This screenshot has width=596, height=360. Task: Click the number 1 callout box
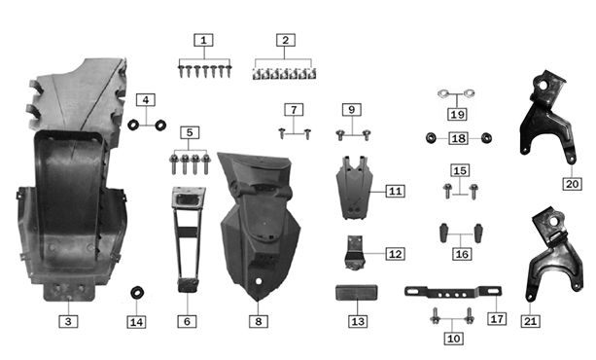point(202,41)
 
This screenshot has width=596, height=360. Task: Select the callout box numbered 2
point(284,41)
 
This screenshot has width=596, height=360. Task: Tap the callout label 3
point(67,320)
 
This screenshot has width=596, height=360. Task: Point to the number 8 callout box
point(257,320)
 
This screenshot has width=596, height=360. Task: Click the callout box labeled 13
point(357,320)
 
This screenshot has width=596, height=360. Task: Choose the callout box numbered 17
point(497,318)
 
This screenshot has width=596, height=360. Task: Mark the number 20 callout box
point(571,181)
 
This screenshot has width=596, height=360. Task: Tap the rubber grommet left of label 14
point(138,292)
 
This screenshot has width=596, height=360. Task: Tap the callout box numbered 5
point(191,131)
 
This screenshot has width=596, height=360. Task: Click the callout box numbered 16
point(461,254)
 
